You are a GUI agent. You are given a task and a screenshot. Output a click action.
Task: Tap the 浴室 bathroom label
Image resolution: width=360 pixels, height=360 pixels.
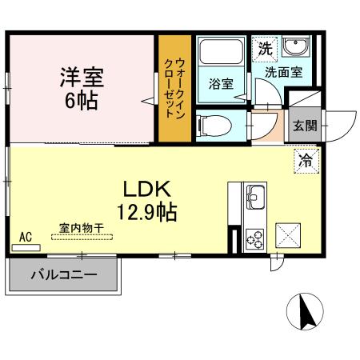click(x=220, y=83)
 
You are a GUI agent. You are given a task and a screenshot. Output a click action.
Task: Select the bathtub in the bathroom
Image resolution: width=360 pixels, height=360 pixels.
click(x=220, y=55)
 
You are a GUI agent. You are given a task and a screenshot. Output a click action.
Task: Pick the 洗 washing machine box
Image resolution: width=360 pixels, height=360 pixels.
click(x=265, y=47)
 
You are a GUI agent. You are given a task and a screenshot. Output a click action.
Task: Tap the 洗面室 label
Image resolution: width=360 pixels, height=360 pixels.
click(x=284, y=70)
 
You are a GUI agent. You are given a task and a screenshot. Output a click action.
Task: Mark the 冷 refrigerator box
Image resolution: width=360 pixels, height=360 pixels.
click(x=305, y=160)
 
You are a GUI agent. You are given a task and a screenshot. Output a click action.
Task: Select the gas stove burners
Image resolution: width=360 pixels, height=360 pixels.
click(x=256, y=238)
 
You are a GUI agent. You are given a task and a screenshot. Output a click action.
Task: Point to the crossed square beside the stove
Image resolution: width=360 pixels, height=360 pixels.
click(x=289, y=237)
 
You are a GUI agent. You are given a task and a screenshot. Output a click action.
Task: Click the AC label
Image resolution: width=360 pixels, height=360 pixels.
click(x=25, y=236)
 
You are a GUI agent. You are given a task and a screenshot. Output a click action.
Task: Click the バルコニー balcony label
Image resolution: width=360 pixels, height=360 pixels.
click(x=64, y=274)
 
